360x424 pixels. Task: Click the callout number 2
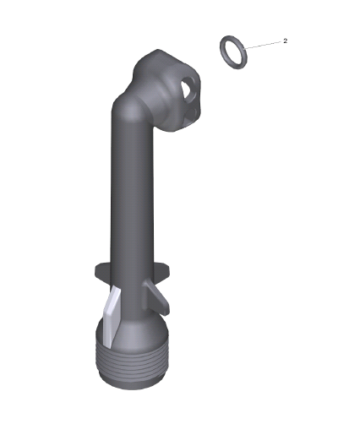(286, 41)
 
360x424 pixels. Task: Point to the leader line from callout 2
(263, 46)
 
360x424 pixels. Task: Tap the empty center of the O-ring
(233, 52)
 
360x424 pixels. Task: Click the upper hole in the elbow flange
(187, 88)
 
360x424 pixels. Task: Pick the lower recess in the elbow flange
(191, 114)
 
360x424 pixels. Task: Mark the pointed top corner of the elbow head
(158, 50)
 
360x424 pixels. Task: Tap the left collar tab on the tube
(102, 273)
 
